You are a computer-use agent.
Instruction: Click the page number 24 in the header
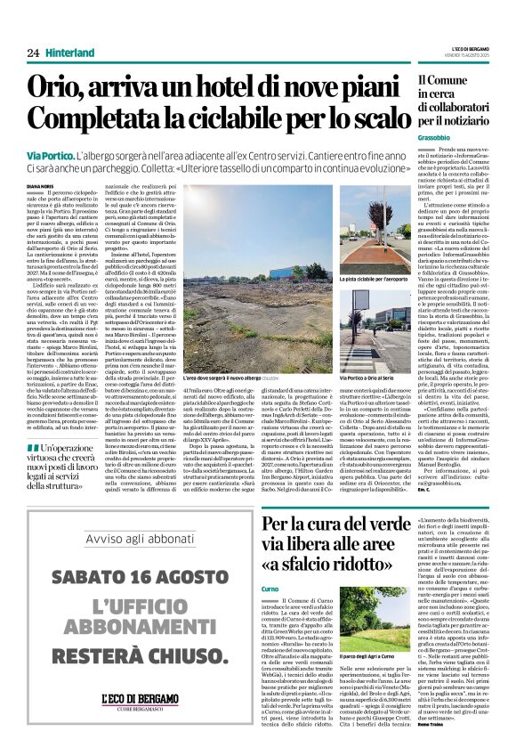(33, 53)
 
